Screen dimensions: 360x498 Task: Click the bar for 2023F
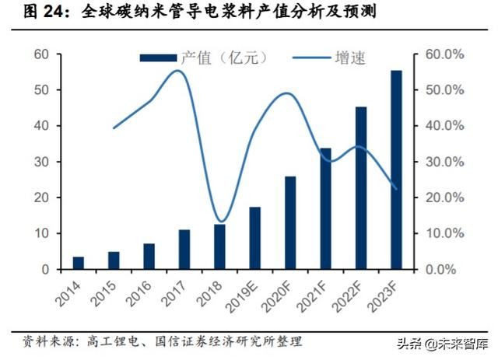tap(396, 170)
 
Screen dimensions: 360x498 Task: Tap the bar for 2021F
tap(325, 208)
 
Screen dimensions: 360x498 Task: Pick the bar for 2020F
tap(290, 222)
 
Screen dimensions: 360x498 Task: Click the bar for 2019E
tap(254, 238)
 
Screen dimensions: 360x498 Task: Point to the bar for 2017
tap(184, 249)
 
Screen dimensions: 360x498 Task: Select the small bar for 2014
tap(78, 263)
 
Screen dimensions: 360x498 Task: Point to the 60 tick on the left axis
tap(41, 54)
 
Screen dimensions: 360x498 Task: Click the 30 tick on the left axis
tap(41, 162)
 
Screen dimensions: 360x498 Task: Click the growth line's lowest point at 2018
tap(221, 222)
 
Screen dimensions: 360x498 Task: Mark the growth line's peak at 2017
tap(178, 71)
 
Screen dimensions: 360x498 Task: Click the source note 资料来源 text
tap(47, 341)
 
